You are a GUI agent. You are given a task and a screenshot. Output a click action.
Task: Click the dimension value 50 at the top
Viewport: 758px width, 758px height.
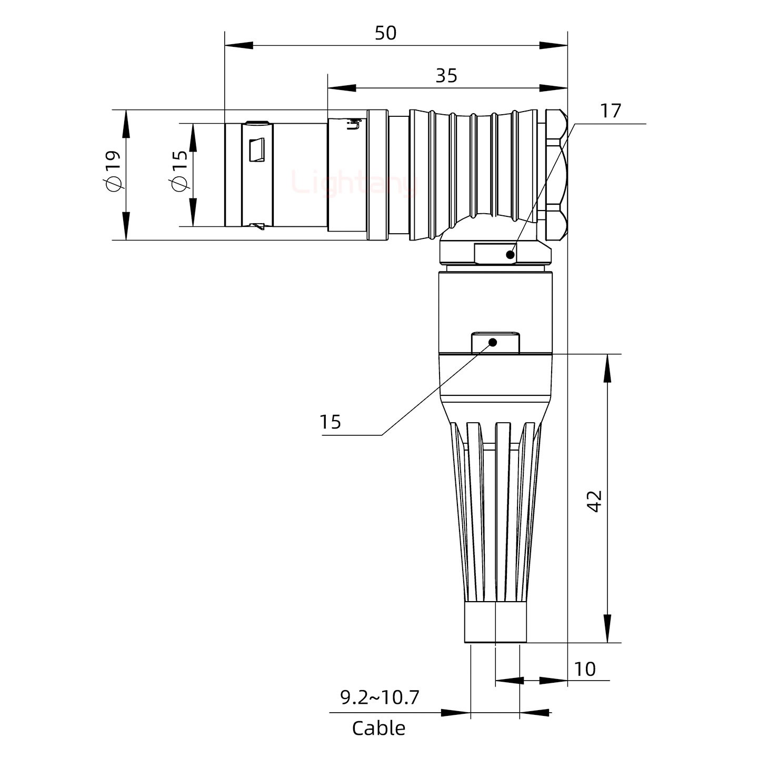(x=385, y=33)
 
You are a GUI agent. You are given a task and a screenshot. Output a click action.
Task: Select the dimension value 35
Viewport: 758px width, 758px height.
(x=446, y=76)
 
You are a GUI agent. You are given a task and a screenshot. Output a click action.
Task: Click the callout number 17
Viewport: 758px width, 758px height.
(x=611, y=111)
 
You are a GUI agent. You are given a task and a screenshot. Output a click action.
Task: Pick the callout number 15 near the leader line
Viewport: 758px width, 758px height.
(x=331, y=422)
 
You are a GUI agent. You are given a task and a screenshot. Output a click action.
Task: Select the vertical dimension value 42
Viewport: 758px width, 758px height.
(x=595, y=501)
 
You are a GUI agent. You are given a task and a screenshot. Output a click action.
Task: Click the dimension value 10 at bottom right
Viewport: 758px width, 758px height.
(x=585, y=669)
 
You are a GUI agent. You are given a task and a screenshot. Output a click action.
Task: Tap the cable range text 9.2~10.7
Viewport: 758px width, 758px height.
(x=380, y=697)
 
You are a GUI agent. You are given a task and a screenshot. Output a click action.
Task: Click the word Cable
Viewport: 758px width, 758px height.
(x=378, y=729)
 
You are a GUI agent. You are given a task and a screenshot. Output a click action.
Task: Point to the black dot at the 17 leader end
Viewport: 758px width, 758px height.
(x=510, y=255)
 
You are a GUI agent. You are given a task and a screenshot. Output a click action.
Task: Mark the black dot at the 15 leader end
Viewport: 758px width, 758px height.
(x=493, y=342)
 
